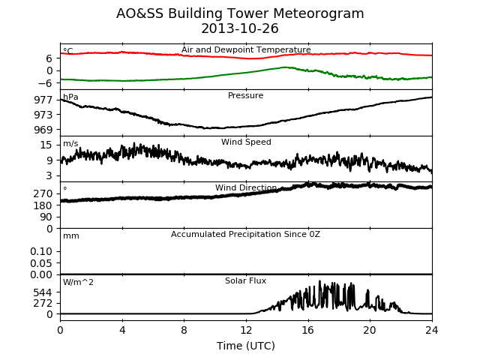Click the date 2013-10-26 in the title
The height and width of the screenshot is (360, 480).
tap(240, 28)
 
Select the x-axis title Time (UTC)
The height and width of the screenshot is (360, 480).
tap(246, 346)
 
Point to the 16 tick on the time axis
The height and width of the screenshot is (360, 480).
tap(308, 330)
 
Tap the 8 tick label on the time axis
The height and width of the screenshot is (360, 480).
tap(184, 330)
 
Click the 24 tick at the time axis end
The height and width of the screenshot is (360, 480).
tap(432, 330)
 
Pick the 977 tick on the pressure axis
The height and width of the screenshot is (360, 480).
tap(43, 100)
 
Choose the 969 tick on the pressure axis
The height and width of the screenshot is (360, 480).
tap(43, 130)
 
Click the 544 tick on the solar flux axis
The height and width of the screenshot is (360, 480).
tap(43, 293)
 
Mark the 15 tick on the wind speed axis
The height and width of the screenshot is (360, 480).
tap(46, 145)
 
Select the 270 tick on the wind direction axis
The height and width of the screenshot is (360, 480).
tap(43, 193)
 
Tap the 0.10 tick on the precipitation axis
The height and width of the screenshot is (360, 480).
tap(41, 252)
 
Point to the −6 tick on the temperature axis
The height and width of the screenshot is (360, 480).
tap(46, 83)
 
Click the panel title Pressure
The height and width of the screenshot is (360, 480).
tap(245, 95)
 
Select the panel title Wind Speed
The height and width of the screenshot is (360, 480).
tap(246, 142)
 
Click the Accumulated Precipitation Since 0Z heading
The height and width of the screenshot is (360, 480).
tap(245, 235)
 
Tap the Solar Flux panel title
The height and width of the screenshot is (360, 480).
tap(245, 280)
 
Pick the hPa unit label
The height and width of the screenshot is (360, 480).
tap(70, 97)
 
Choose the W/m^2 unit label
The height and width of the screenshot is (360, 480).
tap(78, 282)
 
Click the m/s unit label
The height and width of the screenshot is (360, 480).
tap(70, 143)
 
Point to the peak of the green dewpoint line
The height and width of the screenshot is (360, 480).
tap(285, 67)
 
